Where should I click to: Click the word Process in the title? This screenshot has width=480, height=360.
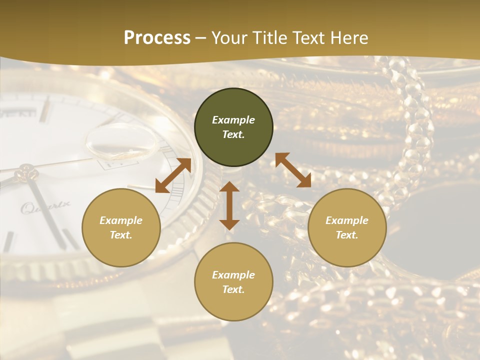point(157,38)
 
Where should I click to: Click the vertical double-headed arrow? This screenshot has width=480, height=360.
point(229,205)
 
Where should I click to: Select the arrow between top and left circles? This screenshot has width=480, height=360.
point(173,175)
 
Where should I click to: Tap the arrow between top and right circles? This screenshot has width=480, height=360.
point(293,170)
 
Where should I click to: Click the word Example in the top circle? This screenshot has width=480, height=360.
point(233,120)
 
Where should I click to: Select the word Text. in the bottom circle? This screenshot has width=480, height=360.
point(233,289)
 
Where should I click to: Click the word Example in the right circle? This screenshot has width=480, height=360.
point(347,220)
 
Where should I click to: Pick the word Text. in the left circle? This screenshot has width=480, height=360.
point(121,235)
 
